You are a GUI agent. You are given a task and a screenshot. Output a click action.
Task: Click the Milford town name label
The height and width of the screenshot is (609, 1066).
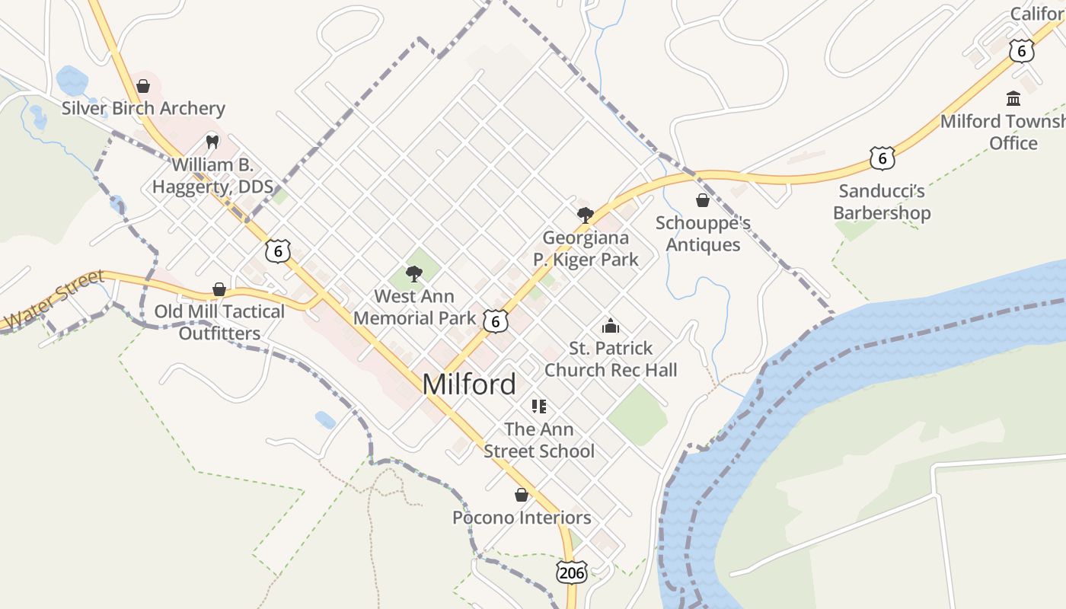pos(469,384)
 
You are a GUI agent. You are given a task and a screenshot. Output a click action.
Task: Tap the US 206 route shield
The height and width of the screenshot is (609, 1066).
pos(571,572)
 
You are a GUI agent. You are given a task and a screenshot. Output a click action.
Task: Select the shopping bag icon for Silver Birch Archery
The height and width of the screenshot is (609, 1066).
pos(142,86)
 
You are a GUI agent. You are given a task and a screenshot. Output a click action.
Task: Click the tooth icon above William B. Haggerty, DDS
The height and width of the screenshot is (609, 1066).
pos(212,142)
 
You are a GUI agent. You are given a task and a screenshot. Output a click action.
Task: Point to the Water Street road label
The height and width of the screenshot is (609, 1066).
pos(53,300)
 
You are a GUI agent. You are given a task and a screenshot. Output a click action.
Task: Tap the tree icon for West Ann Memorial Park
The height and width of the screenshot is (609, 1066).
pos(414,273)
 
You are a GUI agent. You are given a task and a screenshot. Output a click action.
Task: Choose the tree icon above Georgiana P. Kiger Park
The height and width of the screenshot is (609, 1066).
pos(585,215)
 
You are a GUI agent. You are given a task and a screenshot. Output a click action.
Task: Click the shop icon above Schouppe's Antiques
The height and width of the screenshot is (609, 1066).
pos(703,200)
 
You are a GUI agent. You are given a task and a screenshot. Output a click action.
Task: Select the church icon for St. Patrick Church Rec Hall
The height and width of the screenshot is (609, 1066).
pos(611,326)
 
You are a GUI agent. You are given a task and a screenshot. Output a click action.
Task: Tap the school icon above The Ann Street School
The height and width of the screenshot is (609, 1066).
pos(539,407)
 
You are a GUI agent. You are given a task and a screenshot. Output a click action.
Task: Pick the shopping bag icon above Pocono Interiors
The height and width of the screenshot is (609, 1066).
pos(522,495)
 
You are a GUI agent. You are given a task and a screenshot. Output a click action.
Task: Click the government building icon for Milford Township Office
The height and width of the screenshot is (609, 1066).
pos(1013,98)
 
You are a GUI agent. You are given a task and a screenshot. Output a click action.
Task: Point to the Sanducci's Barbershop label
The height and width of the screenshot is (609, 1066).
pos(882,202)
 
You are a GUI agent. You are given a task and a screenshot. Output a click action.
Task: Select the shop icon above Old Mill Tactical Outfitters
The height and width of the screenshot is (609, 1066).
pos(219,289)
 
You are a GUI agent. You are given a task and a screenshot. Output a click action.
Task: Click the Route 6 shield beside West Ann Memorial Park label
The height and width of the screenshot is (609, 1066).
pos(495,321)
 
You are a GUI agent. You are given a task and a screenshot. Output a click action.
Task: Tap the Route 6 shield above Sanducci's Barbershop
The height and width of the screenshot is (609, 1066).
pos(882,158)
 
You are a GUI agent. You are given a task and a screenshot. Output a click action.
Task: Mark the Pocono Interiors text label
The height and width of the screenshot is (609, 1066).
pos(522,518)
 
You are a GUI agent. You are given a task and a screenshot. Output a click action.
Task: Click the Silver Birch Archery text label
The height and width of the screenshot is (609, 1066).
pos(143,108)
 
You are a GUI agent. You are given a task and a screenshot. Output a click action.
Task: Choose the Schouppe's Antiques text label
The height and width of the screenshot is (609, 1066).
pos(703,234)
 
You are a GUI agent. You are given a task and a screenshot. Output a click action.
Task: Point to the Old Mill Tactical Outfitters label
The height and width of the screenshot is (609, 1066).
pos(219,322)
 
